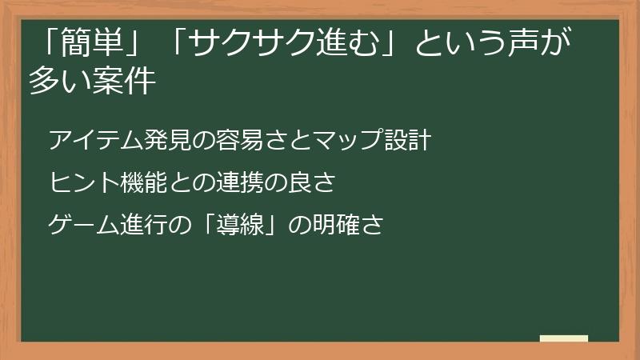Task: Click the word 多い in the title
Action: [58, 81]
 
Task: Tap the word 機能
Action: [145, 183]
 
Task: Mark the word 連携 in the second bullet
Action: [241, 183]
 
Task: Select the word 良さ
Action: [313, 183]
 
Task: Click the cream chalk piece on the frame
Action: [563, 339]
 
